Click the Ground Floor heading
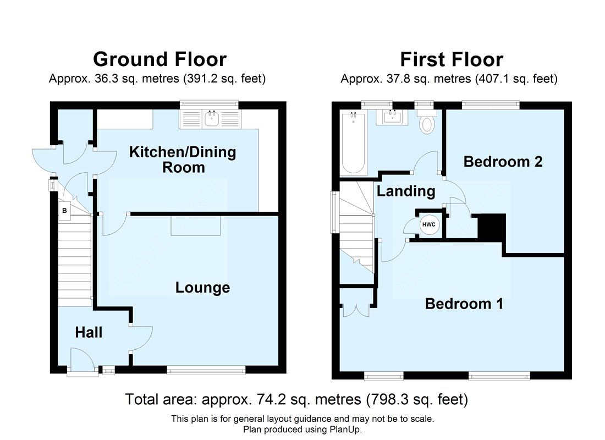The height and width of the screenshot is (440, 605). [159, 59]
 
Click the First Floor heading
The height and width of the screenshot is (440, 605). [451, 59]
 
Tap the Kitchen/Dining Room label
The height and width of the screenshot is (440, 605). [183, 159]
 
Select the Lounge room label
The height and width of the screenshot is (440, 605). [202, 288]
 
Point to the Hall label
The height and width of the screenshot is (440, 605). [89, 332]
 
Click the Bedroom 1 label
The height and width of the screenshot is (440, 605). [464, 304]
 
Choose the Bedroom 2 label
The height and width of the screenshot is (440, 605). [503, 162]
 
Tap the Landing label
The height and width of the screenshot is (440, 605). [406, 191]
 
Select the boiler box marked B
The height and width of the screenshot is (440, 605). [64, 211]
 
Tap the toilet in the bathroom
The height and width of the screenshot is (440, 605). [427, 122]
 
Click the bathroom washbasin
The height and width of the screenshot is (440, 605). [393, 117]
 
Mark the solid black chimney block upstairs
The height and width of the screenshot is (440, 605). [491, 227]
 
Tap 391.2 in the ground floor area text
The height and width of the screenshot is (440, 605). [205, 79]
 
